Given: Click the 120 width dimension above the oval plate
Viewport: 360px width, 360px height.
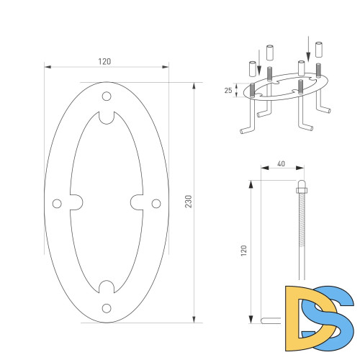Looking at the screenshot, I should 105,61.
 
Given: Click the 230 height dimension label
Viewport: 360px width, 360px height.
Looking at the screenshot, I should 189,202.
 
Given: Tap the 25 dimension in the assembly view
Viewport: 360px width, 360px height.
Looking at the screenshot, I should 228,91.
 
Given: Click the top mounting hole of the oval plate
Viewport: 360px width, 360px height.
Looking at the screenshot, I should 107,96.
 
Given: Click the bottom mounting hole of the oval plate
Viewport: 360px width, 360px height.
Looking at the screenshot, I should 107,308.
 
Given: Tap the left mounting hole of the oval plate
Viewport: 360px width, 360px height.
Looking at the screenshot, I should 57,204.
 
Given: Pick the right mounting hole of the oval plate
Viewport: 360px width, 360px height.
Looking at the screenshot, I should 156,204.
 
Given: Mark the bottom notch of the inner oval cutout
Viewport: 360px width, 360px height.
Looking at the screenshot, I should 107,287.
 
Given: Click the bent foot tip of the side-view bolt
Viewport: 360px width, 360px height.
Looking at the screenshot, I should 266,321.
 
